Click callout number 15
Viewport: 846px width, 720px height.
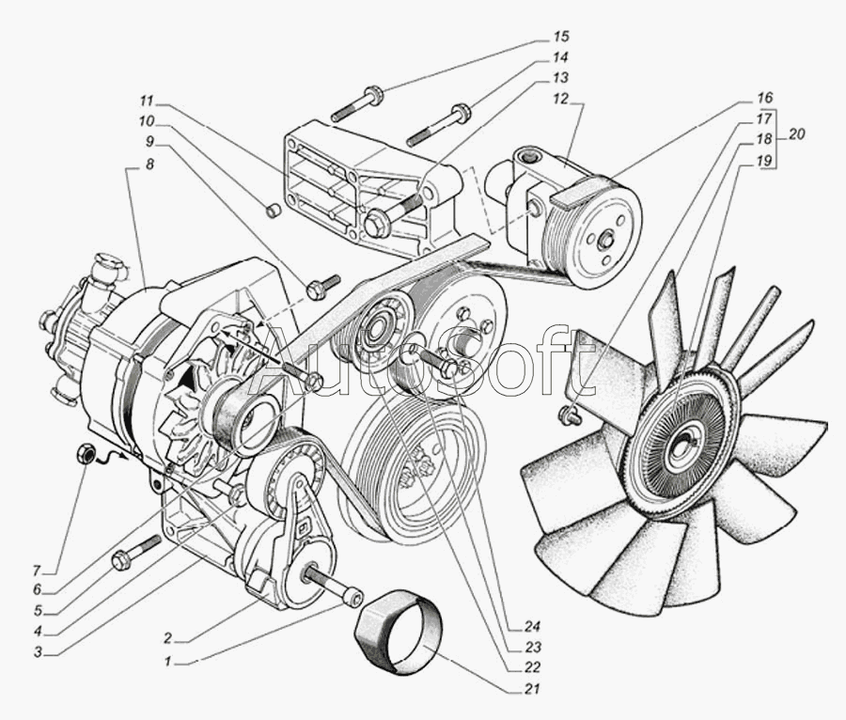point(560,38)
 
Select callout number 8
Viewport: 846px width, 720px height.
point(150,164)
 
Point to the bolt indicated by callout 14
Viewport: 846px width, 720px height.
point(438,126)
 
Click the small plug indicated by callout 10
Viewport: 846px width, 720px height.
point(273,211)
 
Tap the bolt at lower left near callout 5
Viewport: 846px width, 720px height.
point(135,554)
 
